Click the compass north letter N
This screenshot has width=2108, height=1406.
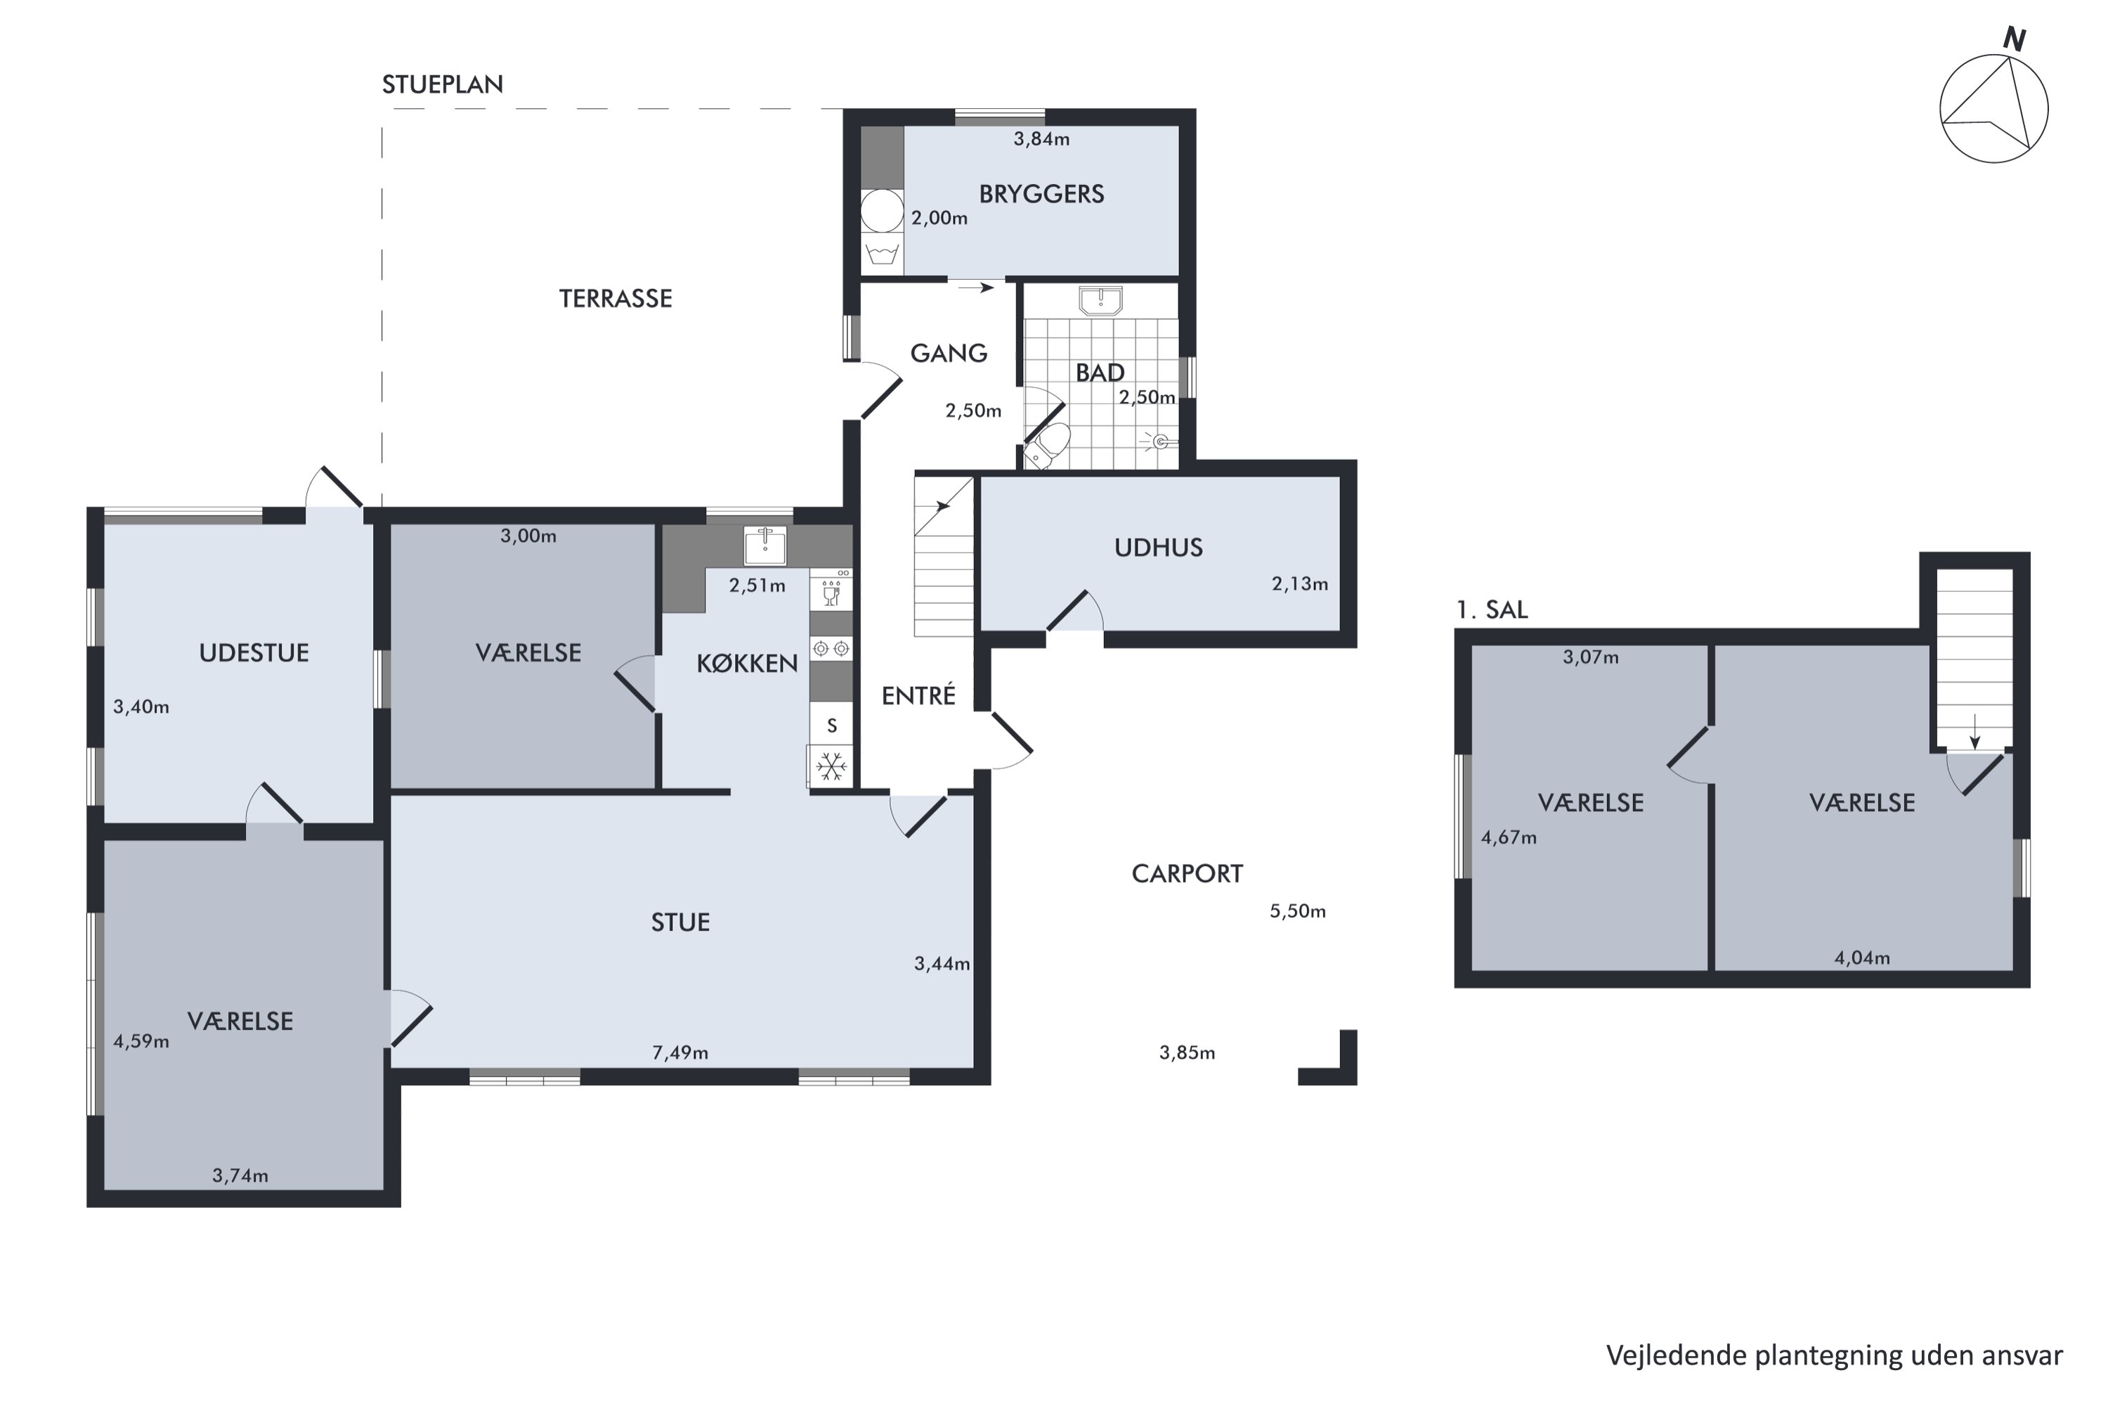(2015, 39)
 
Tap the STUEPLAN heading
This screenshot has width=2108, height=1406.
(443, 84)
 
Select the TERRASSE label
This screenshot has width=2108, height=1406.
(616, 299)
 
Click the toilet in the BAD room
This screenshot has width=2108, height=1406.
(1048, 446)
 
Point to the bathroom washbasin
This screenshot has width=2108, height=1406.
(1100, 302)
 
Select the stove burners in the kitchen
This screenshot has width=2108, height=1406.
(831, 648)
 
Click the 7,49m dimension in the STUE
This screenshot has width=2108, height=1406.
(680, 1052)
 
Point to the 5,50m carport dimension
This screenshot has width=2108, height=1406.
(1298, 911)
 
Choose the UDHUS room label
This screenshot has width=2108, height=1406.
(1159, 548)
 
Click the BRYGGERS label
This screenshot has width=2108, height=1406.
(1041, 194)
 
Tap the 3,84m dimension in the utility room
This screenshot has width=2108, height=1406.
(1041, 139)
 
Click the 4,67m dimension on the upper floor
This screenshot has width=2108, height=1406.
(1509, 837)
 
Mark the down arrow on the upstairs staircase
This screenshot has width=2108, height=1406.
(1974, 731)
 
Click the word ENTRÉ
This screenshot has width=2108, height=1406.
(918, 696)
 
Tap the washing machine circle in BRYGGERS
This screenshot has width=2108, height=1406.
(882, 212)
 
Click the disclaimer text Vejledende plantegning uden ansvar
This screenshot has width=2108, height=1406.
(1835, 1356)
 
